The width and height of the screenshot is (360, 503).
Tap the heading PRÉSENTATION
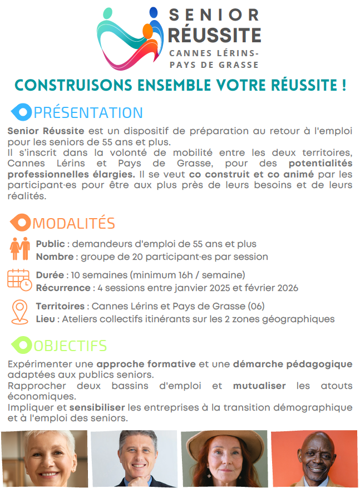pyautogui.click(x=88, y=113)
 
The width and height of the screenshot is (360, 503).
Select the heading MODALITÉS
pyautogui.click(x=73, y=224)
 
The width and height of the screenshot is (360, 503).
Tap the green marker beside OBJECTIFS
pyautogui.click(x=22, y=346)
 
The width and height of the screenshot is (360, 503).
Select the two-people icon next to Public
pyautogui.click(x=20, y=249)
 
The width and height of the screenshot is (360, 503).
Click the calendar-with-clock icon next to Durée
pyautogui.click(x=19, y=280)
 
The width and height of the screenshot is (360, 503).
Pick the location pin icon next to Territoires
pyautogui.click(x=19, y=312)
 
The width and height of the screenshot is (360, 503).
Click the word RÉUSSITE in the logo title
pyautogui.click(x=214, y=35)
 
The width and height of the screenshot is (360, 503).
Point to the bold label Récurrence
pyautogui.click(x=63, y=288)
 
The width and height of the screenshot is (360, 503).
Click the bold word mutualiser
pyautogui.click(x=259, y=386)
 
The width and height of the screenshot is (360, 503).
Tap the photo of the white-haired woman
pyautogui.click(x=44, y=458)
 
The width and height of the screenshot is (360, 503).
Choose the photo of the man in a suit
pyautogui.click(x=134, y=458)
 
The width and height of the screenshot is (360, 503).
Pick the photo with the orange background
pyautogui.click(x=314, y=458)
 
